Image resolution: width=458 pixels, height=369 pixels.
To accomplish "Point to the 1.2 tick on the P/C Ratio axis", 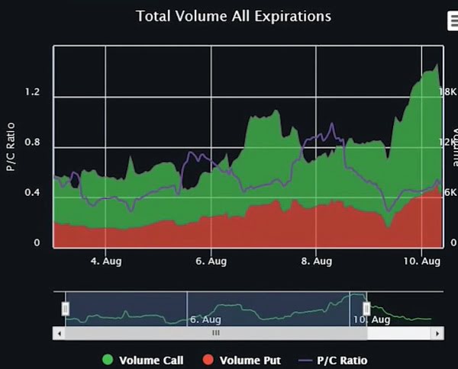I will click(x=32, y=92).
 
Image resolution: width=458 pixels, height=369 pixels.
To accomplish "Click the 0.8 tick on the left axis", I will click(x=32, y=143).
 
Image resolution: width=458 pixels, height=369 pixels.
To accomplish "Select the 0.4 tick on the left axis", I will click(x=32, y=192).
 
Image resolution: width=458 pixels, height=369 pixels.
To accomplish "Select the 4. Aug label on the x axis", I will click(x=105, y=261).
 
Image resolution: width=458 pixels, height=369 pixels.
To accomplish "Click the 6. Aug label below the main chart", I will click(x=210, y=261).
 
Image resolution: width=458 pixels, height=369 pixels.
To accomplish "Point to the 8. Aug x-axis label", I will click(x=315, y=261).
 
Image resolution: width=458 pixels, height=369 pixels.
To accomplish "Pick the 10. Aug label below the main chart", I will click(x=421, y=261).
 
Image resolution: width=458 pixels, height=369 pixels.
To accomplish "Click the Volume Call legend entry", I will click(x=151, y=360).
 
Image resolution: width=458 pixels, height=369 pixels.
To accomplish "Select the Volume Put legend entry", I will click(x=250, y=360).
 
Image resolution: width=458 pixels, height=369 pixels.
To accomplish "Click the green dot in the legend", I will click(x=108, y=360).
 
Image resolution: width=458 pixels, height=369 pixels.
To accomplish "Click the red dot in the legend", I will click(x=208, y=360).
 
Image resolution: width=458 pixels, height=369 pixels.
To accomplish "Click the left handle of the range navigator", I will click(x=66, y=308).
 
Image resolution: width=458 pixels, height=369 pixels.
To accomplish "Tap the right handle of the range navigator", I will click(x=366, y=308).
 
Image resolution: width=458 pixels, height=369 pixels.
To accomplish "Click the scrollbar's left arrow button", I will click(x=59, y=333).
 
